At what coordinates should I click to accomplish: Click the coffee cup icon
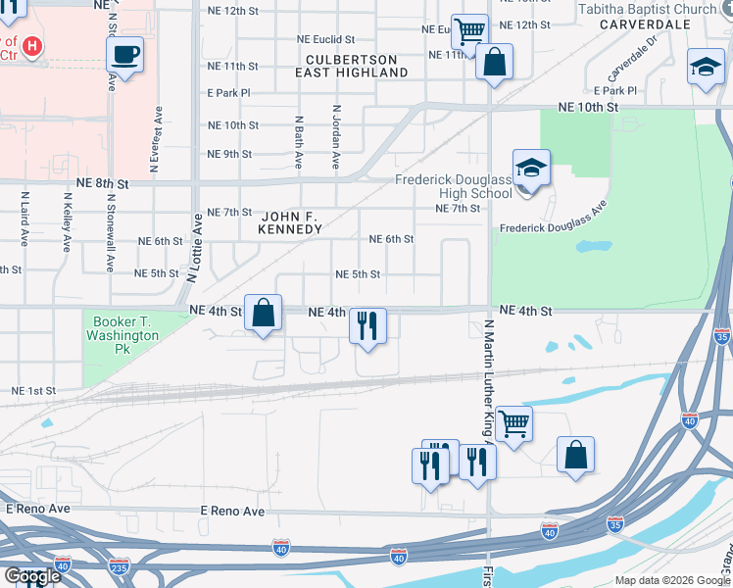point(125,54)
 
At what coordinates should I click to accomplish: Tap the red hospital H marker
point(32,46)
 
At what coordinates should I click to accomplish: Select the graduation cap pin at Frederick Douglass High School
point(530,169)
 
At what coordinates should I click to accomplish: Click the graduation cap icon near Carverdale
point(706,67)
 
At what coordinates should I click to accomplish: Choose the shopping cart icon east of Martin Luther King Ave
point(513,423)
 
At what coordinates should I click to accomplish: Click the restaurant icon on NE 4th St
point(368,325)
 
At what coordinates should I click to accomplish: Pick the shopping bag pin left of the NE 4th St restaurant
point(263,314)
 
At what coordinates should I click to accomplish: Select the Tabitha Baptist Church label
point(661,9)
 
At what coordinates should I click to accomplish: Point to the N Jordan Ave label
point(336,137)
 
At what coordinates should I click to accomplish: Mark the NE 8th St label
point(102,183)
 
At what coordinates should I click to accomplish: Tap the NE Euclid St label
point(337,39)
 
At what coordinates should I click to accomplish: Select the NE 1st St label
point(33,391)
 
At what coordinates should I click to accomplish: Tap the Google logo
point(32,575)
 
